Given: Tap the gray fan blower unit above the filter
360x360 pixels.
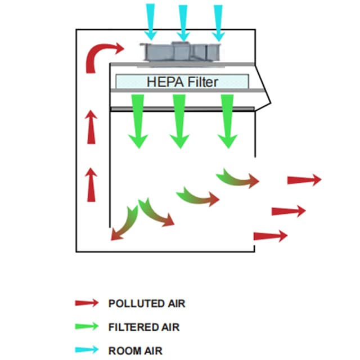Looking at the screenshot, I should (x=182, y=51).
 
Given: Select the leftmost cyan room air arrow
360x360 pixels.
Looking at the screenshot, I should (x=150, y=20).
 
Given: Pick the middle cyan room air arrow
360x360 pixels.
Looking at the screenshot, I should (x=183, y=20).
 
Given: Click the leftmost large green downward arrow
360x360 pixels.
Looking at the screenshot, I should (x=137, y=121).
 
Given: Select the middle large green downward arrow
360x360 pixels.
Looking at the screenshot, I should (x=179, y=121).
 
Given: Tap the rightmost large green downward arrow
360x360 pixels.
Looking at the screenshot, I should (x=227, y=121).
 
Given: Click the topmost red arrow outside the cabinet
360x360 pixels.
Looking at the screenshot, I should (x=304, y=180).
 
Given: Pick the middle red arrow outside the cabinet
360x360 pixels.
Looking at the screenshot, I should (x=289, y=211).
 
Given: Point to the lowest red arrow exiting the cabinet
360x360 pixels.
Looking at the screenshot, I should (x=271, y=236).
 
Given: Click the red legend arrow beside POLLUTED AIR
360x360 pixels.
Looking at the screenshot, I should (x=87, y=303).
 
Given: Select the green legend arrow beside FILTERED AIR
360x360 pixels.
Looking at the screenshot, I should (x=87, y=326).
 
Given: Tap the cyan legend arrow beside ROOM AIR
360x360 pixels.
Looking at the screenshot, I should (x=87, y=349).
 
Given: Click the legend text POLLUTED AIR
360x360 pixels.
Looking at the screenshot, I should (x=146, y=304).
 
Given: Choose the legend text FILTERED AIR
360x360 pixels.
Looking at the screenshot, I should (x=144, y=327).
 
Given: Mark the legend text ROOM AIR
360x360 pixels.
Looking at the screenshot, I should (x=135, y=350).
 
